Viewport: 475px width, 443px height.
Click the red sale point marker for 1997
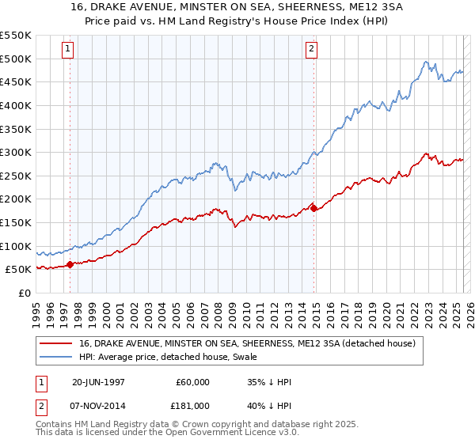tap(70, 264)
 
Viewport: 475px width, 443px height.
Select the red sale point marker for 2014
tap(314, 208)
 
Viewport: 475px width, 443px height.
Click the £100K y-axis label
tap(17, 246)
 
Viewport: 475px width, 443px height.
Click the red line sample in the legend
tap(57, 343)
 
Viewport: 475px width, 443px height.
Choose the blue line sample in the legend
tap(57, 358)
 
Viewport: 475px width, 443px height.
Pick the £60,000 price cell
tap(193, 383)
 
